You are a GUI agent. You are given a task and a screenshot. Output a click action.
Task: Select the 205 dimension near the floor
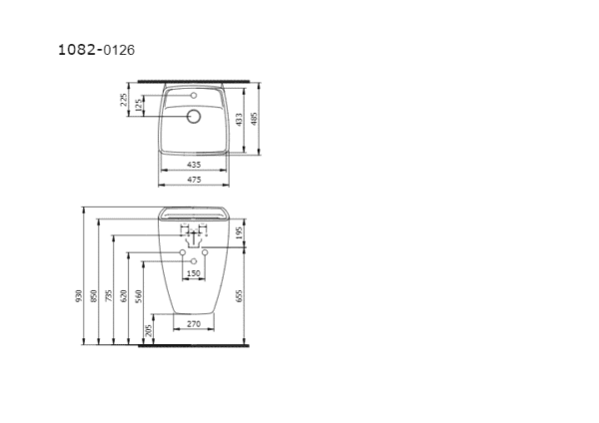(149, 330)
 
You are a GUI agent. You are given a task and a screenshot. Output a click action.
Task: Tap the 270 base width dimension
(195, 324)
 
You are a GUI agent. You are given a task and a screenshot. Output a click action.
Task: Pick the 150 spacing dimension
(194, 272)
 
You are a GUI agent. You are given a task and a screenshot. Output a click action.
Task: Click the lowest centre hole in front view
(194, 261)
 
